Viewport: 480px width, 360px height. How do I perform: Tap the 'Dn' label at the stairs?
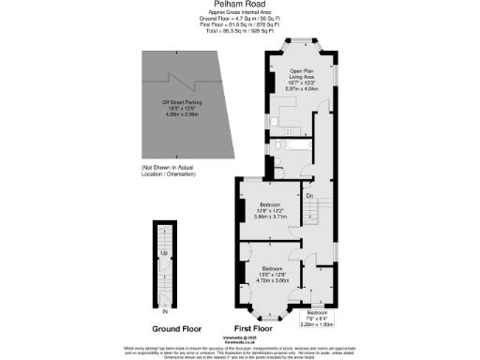[x=308, y=196]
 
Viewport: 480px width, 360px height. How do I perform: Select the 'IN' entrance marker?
[x=165, y=311]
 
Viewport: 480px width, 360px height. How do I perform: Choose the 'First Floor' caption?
[x=253, y=329]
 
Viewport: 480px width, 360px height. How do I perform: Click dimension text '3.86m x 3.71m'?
[x=268, y=216]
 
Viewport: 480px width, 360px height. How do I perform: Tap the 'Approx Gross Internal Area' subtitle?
[x=241, y=12]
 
